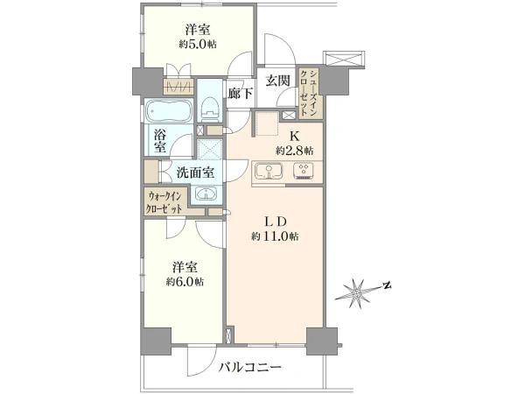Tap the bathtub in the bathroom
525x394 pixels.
[169, 111]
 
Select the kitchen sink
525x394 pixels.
[269, 172]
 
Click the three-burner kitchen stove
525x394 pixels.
[305, 171]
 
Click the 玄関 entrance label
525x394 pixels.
[277, 81]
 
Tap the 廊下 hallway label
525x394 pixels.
[240, 93]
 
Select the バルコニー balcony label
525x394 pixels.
[250, 368]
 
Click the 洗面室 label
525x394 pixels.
[195, 172]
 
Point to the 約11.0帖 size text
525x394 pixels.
[275, 236]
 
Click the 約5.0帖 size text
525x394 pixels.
[198, 44]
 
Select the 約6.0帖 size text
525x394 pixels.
[185, 282]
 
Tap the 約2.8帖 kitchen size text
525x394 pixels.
[295, 151]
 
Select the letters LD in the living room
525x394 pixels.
[276, 222]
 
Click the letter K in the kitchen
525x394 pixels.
[295, 136]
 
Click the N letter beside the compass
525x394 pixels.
[388, 285]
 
